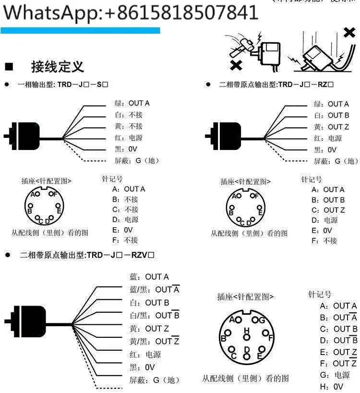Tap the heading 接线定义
57,66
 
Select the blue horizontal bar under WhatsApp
80,30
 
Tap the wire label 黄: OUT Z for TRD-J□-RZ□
332,127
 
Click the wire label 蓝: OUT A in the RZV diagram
149,277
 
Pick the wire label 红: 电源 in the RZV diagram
145,355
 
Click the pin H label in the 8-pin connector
247,330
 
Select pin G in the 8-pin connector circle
261,320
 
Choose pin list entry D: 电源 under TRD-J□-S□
128,220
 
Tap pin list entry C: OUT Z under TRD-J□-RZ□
328,210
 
